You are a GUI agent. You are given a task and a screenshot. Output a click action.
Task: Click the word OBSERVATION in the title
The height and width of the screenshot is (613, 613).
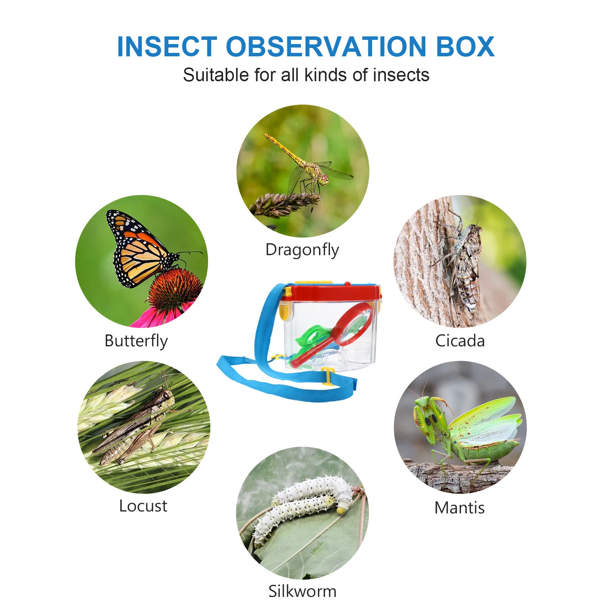[x=326, y=46]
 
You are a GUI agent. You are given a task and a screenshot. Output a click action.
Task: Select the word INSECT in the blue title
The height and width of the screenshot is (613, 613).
[x=167, y=46]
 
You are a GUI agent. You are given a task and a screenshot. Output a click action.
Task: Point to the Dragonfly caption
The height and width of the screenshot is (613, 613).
[x=302, y=250]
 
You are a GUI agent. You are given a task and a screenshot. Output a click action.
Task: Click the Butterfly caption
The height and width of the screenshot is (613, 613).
[x=136, y=341]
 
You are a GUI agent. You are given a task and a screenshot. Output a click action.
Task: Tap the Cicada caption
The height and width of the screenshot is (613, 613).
[x=460, y=341]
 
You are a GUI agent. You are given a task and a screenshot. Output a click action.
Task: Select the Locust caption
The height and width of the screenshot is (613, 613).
[x=143, y=506]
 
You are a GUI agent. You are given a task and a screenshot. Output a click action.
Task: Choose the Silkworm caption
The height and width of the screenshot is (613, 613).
[x=302, y=591]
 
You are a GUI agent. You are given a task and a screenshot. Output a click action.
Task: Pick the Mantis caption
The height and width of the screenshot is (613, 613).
[x=459, y=508]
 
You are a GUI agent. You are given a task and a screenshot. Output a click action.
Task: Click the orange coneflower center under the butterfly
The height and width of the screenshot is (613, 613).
[x=174, y=287]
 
